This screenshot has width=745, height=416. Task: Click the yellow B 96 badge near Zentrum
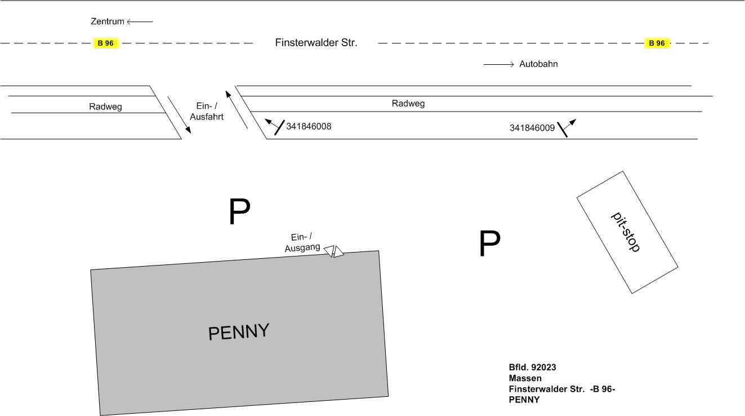tap(105, 43)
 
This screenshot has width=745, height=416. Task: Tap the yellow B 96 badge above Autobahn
tap(657, 43)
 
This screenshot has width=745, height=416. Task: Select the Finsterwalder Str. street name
tap(316, 43)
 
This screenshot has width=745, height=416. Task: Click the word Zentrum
tap(107, 21)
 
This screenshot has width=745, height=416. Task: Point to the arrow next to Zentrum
tap(140, 21)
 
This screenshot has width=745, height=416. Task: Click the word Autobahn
tap(538, 64)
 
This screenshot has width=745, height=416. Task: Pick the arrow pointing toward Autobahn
tap(499, 64)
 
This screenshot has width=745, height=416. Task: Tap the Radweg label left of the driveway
tap(105, 107)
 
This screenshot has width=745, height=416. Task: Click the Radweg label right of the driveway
tap(408, 104)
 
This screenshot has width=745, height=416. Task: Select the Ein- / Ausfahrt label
tap(207, 112)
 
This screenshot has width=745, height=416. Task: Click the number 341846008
tap(309, 126)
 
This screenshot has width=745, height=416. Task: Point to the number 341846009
tap(532, 128)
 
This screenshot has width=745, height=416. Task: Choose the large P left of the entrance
tap(239, 212)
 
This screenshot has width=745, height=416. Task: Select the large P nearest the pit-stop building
tap(489, 244)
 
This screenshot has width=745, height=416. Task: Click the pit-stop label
tap(626, 232)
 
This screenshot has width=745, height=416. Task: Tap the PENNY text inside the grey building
tap(239, 331)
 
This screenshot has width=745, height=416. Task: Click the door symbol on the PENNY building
tap(334, 251)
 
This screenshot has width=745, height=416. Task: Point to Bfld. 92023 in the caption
tap(532, 368)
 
